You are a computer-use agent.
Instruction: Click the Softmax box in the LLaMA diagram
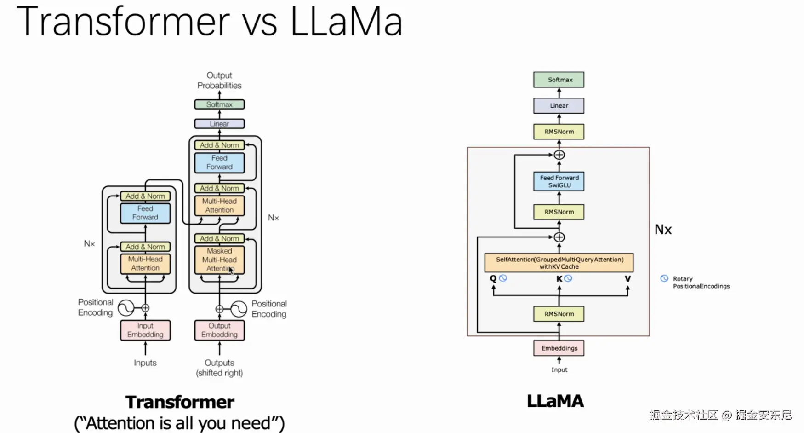[559, 80]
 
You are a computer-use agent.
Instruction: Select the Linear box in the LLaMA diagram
[559, 106]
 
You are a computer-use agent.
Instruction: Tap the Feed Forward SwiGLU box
[559, 181]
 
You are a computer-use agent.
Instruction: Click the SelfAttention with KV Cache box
[559, 263]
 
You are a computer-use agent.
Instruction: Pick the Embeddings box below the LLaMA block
[559, 348]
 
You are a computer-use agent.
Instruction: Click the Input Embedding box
[145, 330]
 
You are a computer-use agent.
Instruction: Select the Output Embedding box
[219, 330]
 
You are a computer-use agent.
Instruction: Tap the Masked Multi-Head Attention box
[219, 260]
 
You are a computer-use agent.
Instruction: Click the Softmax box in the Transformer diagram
[219, 104]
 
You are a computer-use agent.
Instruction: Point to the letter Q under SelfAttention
[493, 278]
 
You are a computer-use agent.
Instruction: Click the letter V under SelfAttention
[627, 278]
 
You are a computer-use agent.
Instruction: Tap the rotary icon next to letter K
[568, 278]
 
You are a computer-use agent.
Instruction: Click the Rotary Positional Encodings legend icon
[664, 278]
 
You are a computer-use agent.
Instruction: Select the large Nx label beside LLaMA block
[663, 230]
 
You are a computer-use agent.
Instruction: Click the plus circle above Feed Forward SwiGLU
[559, 155]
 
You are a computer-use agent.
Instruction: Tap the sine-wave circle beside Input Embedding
[126, 308]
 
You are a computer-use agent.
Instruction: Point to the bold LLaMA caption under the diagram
[555, 401]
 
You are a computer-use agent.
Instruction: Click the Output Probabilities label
[219, 81]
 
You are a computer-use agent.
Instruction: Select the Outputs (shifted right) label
[219, 368]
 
